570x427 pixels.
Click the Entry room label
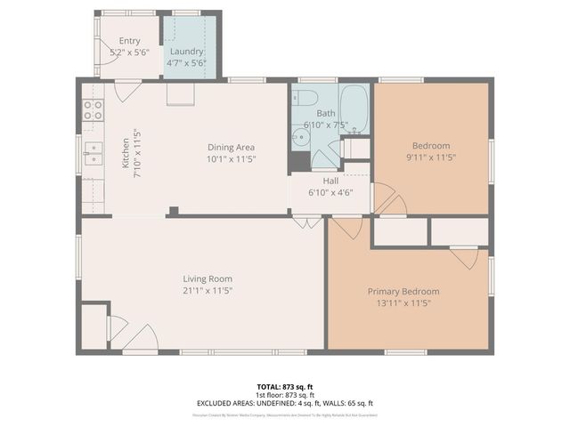point(129,41)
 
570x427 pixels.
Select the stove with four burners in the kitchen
point(92,110)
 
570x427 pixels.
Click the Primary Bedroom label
point(403,291)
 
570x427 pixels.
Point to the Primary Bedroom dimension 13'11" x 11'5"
point(403,302)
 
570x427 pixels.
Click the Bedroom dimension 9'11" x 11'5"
point(430,157)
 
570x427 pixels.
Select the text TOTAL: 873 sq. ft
point(284,387)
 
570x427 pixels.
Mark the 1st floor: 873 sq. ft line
point(284,395)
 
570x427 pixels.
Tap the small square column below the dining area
point(174,211)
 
